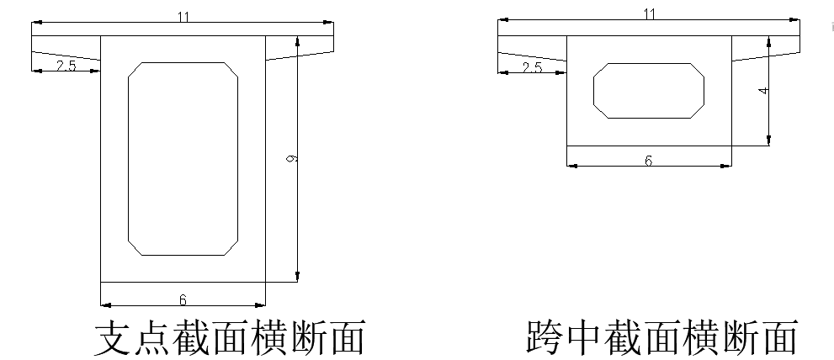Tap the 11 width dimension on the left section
(x=183, y=18)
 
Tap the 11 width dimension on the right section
(x=648, y=13)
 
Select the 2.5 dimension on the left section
(x=66, y=66)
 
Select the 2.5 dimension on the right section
(x=532, y=67)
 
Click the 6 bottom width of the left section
(x=183, y=299)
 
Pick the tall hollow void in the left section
(x=182, y=158)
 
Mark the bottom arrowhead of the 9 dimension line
(x=297, y=277)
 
